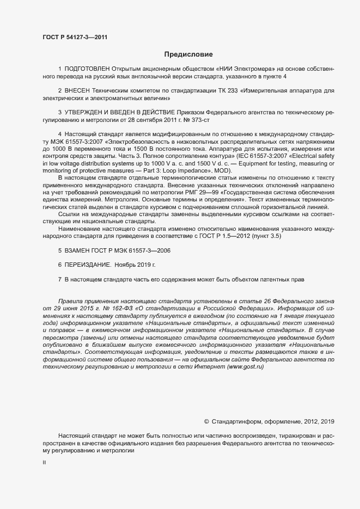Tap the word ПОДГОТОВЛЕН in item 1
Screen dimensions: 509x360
point(87,70)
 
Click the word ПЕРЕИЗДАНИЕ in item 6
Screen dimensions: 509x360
point(88,265)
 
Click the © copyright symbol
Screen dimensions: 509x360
point(206,421)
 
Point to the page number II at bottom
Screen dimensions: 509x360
point(44,463)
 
